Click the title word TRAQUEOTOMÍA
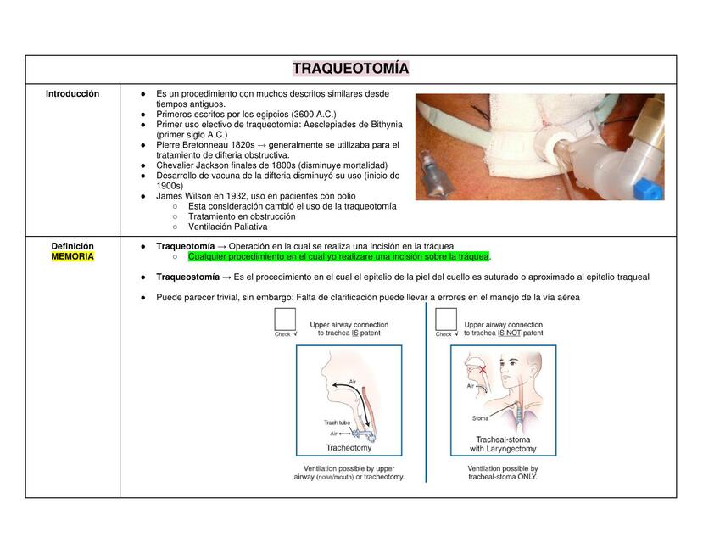point(351,69)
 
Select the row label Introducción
point(72,94)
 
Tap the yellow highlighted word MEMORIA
point(72,256)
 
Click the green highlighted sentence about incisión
point(338,256)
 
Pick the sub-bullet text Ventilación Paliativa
point(227,227)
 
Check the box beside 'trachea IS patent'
point(285,319)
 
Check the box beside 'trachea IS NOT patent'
point(447,319)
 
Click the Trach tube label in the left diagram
point(337,423)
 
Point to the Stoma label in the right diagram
point(480,418)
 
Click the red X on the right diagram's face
point(483,370)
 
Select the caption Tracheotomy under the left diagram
point(349,448)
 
